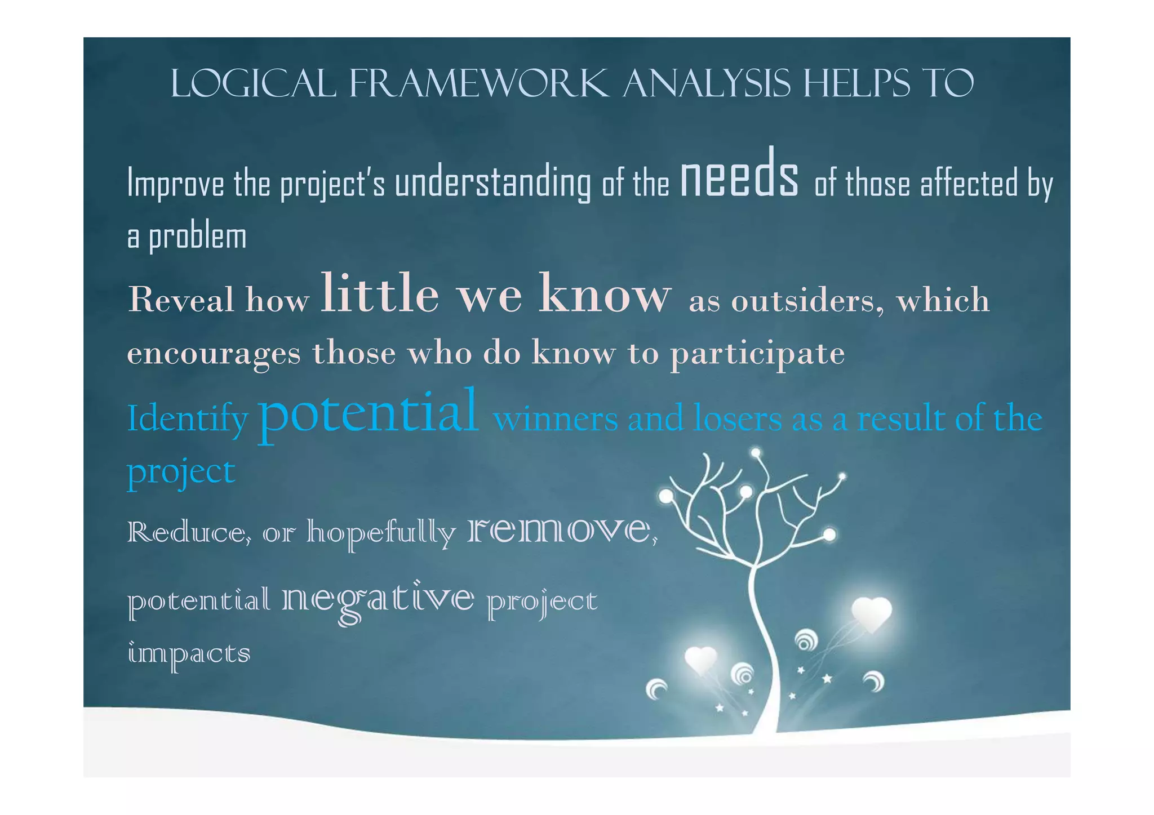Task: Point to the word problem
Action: tap(197, 237)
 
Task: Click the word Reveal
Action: tap(181, 300)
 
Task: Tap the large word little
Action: tap(379, 294)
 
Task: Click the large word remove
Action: tap(559, 531)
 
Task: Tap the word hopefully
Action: tap(381, 533)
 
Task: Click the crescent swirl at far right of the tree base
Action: tap(875, 682)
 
